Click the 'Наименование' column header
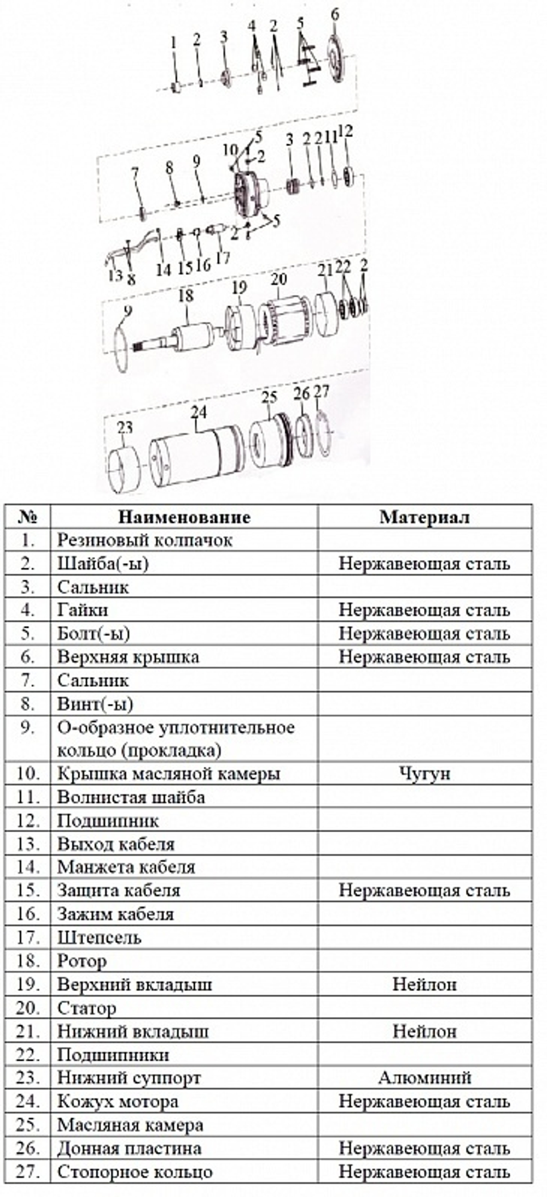pyautogui.click(x=184, y=517)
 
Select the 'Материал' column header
pyautogui.click(x=424, y=517)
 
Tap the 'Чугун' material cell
pyautogui.click(x=424, y=774)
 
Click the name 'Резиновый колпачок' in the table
pyautogui.click(x=145, y=540)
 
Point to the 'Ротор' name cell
pyautogui.click(x=82, y=961)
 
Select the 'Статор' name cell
pyautogui.click(x=86, y=1008)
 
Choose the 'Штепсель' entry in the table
pyautogui.click(x=100, y=937)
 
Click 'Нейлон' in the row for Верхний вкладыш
pyautogui.click(x=424, y=984)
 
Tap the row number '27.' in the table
pyautogui.click(x=27, y=1171)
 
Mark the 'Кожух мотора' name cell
pyautogui.click(x=118, y=1101)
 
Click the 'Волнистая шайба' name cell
pyautogui.click(x=131, y=797)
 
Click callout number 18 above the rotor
pyautogui.click(x=186, y=296)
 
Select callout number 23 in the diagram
pyautogui.click(x=125, y=427)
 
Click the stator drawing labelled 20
pyautogui.click(x=282, y=323)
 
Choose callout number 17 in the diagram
pyautogui.click(x=223, y=257)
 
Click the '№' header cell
pyautogui.click(x=27, y=517)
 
